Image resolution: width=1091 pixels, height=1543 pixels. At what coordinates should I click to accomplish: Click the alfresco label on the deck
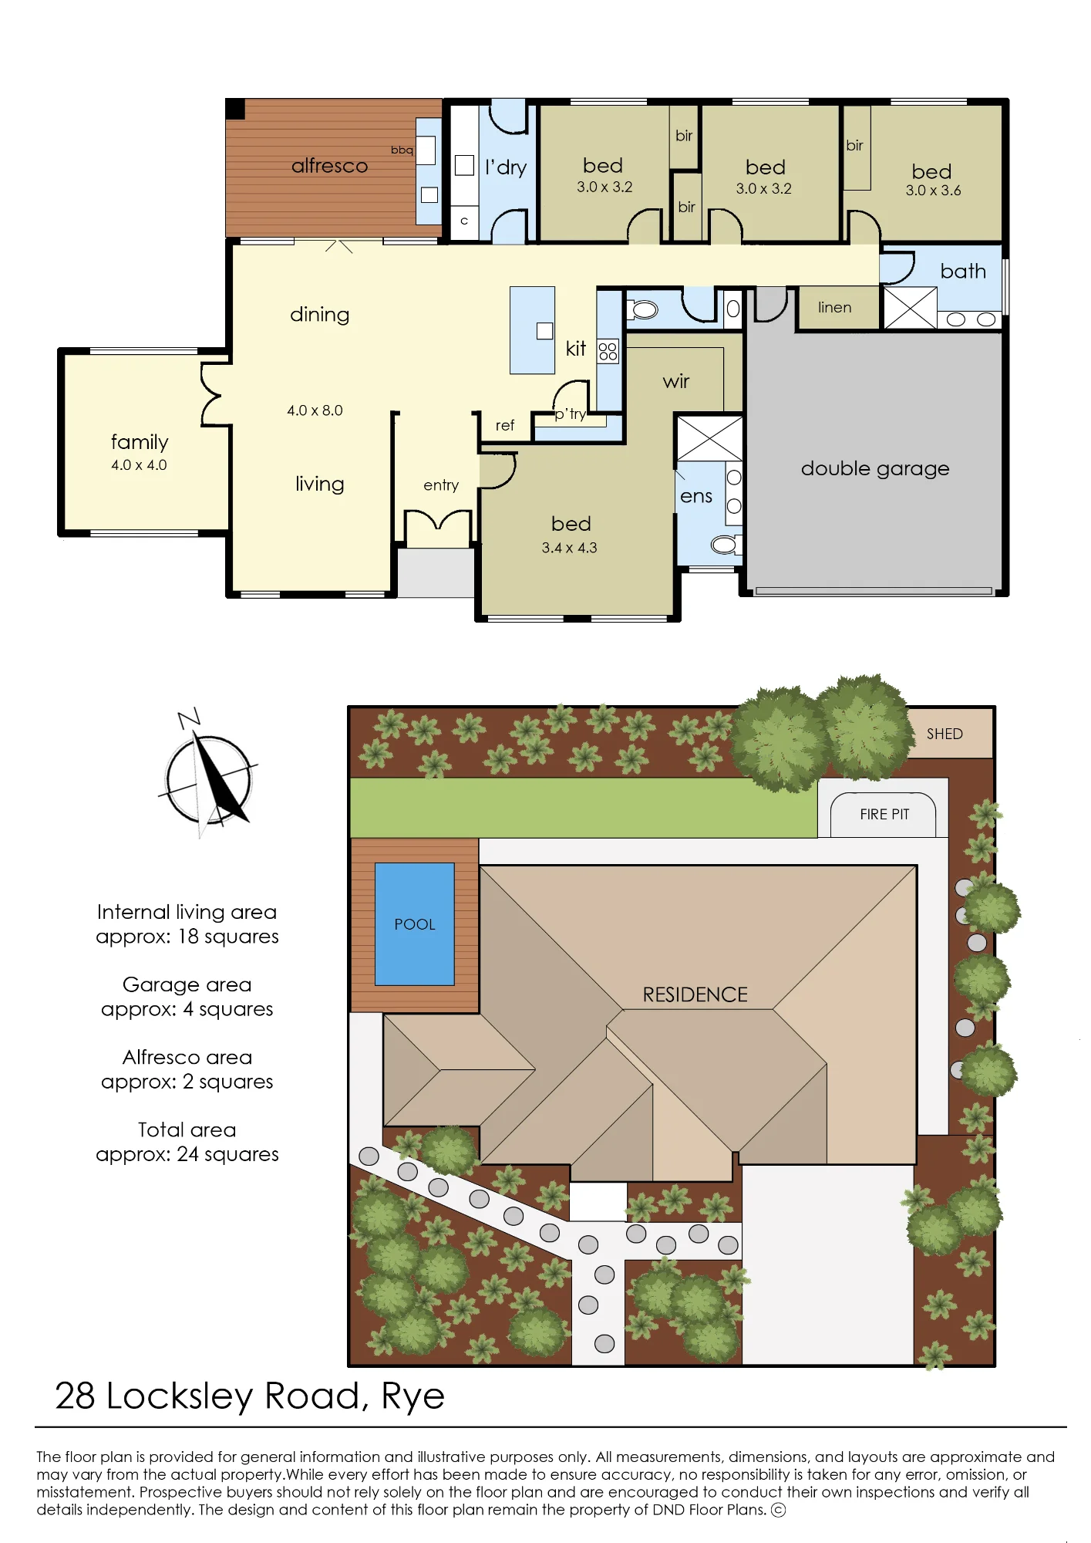[329, 166]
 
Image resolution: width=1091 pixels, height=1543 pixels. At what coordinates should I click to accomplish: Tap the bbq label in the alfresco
[402, 150]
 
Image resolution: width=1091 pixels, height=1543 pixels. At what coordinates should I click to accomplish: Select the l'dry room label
[506, 167]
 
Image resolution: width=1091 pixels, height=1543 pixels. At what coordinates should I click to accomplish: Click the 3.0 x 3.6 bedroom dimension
[933, 191]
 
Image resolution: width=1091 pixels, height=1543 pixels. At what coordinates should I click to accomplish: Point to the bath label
[963, 271]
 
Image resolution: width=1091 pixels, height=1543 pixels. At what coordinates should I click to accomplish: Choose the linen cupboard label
[835, 307]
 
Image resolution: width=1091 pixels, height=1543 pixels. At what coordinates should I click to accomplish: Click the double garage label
[875, 468]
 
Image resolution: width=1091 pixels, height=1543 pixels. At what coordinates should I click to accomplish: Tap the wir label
[676, 381]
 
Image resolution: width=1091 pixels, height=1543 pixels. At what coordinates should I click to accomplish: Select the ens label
[696, 496]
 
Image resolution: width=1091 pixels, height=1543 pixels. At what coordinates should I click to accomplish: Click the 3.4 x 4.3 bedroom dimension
[569, 548]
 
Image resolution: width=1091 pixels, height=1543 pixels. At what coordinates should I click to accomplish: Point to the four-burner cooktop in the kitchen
[608, 351]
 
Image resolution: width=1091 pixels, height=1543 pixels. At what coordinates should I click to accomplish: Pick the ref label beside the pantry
[505, 425]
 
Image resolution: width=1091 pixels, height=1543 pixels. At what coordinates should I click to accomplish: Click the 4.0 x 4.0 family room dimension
[139, 465]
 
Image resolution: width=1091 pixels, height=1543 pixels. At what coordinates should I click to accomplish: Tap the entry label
[441, 485]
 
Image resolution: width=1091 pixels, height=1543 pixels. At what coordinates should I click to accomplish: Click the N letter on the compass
[189, 718]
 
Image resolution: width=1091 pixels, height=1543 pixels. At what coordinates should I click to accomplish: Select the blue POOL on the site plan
[415, 924]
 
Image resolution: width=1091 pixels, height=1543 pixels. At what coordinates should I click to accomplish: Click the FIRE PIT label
[884, 815]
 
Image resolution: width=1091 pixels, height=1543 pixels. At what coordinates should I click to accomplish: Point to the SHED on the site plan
[950, 733]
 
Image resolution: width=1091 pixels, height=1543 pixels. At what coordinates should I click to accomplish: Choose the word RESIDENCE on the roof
[695, 995]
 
